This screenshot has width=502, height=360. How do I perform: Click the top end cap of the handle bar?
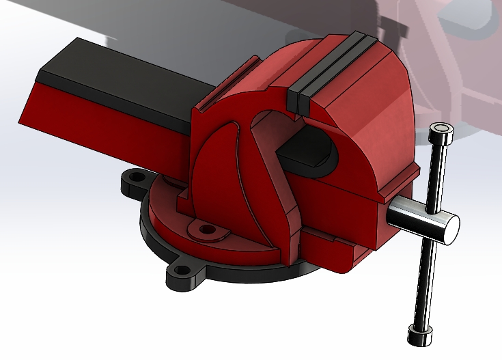[x=441, y=130]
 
